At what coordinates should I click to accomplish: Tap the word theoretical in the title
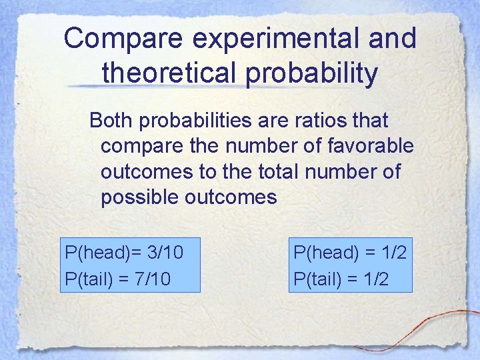171,72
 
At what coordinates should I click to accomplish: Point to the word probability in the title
313,72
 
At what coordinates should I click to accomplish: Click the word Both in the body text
110,121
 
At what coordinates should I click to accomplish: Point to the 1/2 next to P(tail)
377,277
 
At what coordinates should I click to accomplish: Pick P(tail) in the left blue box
87,277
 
